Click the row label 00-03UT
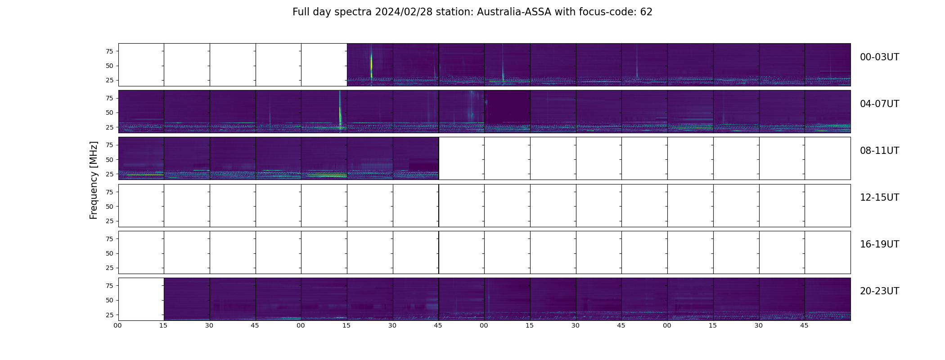879,57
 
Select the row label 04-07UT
879,104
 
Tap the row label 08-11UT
879,151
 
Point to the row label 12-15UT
879,198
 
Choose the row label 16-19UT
879,244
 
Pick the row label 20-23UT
879,291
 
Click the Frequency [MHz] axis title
94,180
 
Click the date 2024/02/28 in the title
403,12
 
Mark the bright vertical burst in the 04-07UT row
340,110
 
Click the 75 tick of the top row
109,51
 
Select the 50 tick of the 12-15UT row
109,207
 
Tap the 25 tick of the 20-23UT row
109,315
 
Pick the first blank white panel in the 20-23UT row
141,299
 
